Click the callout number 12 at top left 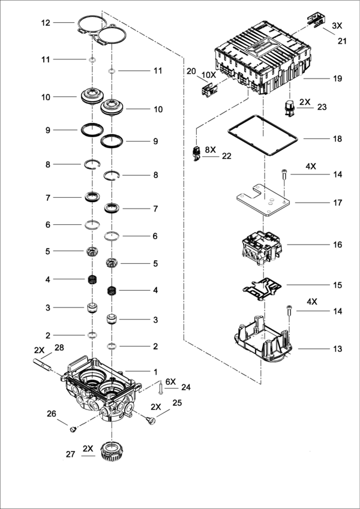click(x=46, y=23)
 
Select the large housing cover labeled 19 click(x=263, y=58)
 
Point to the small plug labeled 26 click(x=73, y=429)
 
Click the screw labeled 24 click(x=161, y=388)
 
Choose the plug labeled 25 click(x=151, y=421)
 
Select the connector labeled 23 click(x=289, y=109)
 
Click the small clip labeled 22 click(x=197, y=153)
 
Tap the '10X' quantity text click(x=208, y=75)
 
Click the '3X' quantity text click(x=337, y=26)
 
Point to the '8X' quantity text click(x=210, y=150)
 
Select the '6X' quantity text click(x=170, y=382)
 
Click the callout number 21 click(x=342, y=41)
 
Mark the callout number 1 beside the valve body click(x=155, y=372)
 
